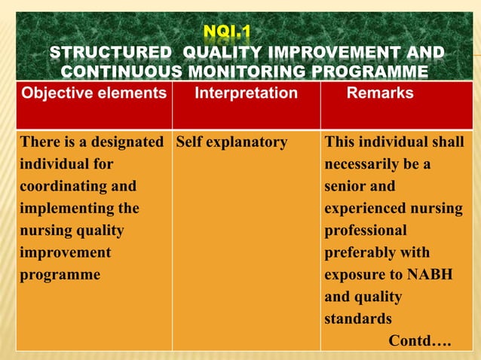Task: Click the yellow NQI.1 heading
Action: [227, 32]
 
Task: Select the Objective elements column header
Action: [93, 93]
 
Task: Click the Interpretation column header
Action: [246, 93]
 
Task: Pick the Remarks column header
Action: [380, 93]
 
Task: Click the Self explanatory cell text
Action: [232, 142]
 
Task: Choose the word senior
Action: [346, 186]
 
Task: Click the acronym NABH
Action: [431, 275]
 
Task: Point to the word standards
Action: [357, 319]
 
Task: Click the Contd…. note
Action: [419, 341]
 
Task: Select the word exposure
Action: [353, 275]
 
